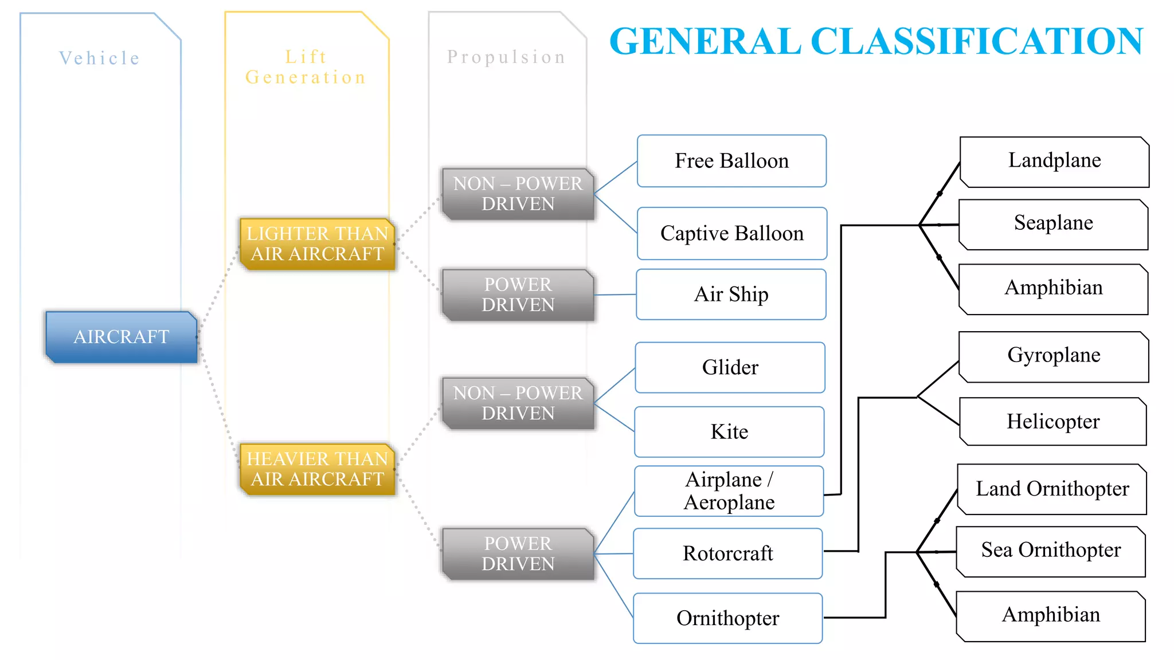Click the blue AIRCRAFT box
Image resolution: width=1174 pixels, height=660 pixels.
click(122, 337)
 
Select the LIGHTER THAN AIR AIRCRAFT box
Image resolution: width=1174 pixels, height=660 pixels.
click(318, 243)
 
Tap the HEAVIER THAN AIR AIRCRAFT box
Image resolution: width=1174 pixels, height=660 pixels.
click(318, 469)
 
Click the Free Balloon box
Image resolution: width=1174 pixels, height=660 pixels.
click(731, 161)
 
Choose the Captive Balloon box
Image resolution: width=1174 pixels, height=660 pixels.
click(732, 234)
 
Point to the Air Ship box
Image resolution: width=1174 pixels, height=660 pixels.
click(731, 294)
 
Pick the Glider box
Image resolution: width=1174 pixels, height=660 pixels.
click(730, 367)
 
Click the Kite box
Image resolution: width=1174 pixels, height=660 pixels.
click(729, 432)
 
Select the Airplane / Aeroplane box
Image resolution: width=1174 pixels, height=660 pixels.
click(729, 491)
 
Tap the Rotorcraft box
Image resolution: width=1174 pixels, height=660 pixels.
click(727, 553)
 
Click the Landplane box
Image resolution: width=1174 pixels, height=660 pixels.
click(1054, 161)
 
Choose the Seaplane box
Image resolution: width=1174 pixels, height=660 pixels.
click(1053, 223)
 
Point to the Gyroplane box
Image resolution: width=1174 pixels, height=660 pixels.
click(1054, 356)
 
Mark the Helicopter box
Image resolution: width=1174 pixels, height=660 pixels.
click(1053, 422)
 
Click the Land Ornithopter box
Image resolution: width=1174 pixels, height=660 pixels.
click(1052, 489)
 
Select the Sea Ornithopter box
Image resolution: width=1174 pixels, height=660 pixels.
click(1051, 551)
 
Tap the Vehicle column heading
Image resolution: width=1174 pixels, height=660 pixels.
click(100, 58)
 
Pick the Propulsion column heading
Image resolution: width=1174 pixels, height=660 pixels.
click(507, 57)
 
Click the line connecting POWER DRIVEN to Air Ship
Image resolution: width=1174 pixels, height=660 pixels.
click(616, 294)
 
